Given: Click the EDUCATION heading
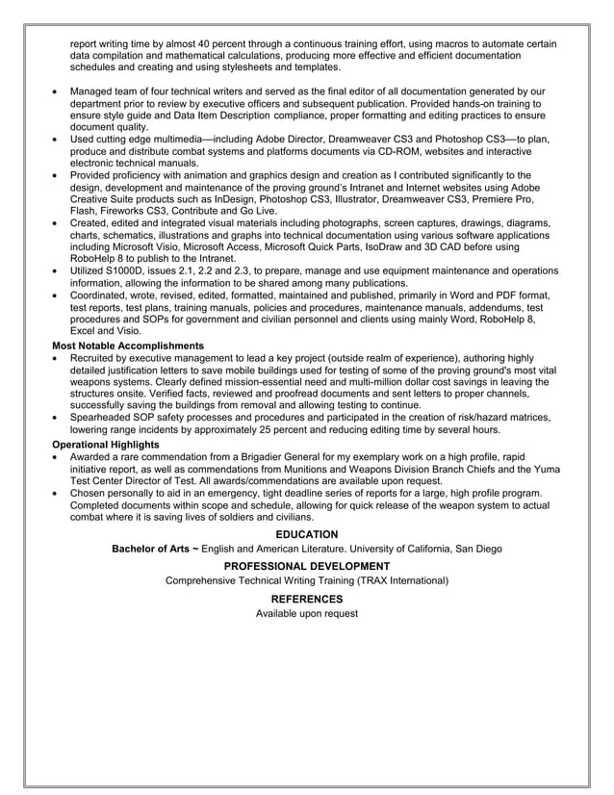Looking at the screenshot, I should point(307,534).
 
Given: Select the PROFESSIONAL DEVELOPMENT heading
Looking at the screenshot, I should point(307,566).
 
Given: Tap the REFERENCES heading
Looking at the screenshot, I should point(307,599).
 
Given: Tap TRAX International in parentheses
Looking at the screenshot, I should point(398,581).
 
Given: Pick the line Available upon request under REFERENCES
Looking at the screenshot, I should point(307,613).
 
